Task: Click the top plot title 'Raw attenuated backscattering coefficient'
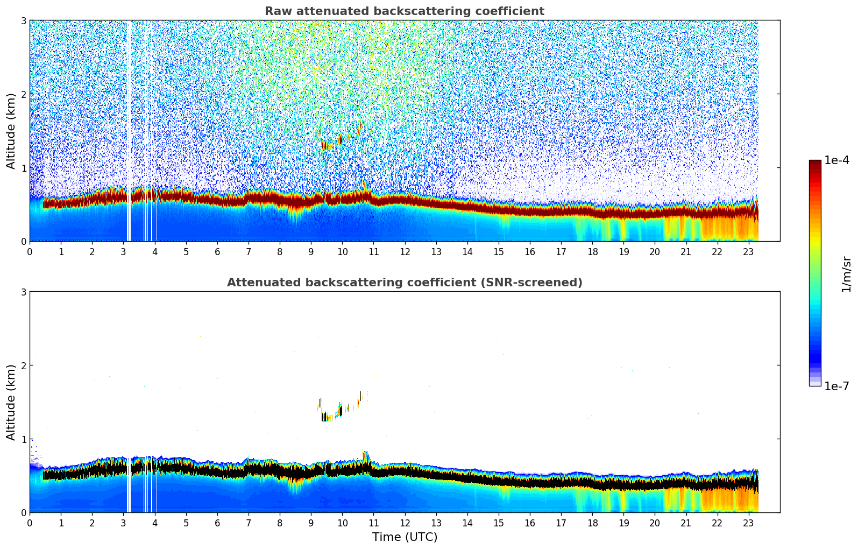point(404,11)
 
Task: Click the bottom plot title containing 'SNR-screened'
point(404,283)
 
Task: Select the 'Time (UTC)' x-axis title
point(405,537)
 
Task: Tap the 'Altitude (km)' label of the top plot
point(11,130)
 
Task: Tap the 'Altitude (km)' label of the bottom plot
point(11,402)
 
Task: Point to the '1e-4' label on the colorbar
point(836,160)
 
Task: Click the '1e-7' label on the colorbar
point(836,386)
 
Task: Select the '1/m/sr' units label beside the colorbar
point(846,274)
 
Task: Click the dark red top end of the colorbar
point(815,163)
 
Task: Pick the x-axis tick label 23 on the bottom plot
point(748,523)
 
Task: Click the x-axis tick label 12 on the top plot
point(405,252)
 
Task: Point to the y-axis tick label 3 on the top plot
point(23,20)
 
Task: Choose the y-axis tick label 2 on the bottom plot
point(23,365)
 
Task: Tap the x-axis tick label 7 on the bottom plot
point(249,523)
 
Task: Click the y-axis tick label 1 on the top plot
point(23,168)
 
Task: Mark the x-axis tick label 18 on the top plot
point(592,252)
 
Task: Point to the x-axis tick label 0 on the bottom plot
point(30,523)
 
